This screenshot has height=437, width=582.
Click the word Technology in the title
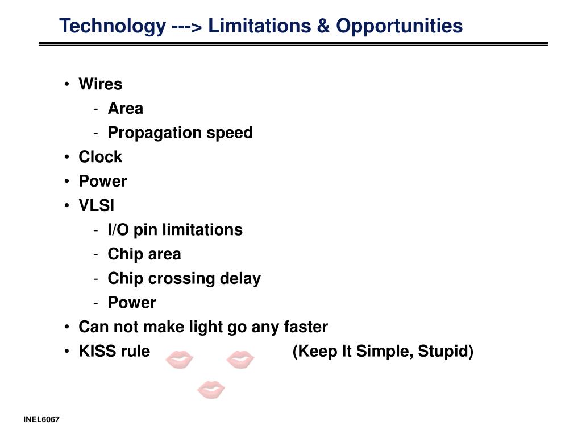point(113,27)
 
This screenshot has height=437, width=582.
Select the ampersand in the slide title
point(323,26)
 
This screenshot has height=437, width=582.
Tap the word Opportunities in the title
point(400,27)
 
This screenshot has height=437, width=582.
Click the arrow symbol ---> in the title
point(187,27)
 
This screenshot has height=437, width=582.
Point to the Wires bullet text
point(100,84)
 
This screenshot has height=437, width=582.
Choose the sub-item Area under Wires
point(126,109)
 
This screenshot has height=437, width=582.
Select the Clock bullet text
point(100,157)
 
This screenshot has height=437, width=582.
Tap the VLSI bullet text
point(97,205)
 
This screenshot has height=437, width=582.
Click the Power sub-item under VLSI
point(132,303)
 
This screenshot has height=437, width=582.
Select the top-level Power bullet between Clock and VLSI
point(103,182)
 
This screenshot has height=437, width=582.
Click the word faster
point(306,327)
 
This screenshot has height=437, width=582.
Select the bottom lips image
point(211,389)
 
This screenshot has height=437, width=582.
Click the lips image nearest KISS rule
point(179,360)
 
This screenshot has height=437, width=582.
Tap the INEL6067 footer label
point(41,419)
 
